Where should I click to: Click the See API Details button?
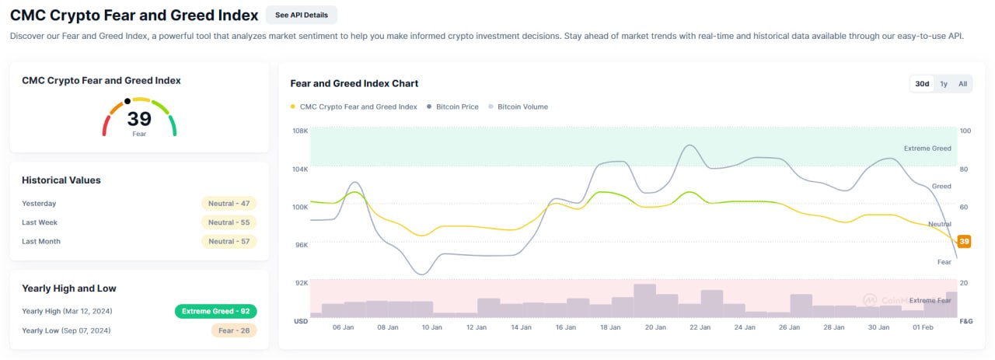coord(301,15)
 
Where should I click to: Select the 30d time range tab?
coord(922,83)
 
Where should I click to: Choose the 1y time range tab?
coord(944,83)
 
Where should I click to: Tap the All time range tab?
coord(962,83)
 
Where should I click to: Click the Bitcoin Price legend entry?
coord(452,107)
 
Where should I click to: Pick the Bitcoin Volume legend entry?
coord(518,107)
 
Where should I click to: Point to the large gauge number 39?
coord(139,119)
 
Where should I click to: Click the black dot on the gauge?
coord(127,101)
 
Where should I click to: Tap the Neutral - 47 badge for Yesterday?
coord(229,204)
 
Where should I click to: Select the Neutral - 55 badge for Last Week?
coord(229,222)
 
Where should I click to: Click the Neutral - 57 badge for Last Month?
coord(229,241)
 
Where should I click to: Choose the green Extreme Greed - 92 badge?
coord(216,311)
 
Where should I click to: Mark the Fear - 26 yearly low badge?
coord(234,330)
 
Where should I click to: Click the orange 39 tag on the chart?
coord(964,241)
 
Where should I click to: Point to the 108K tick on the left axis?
coord(300,131)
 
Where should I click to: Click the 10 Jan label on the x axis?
coord(431,327)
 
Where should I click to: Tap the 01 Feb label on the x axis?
coord(923,327)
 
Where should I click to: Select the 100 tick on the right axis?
coord(965,131)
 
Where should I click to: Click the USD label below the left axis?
coord(301,321)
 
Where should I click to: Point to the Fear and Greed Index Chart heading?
coord(354,83)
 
